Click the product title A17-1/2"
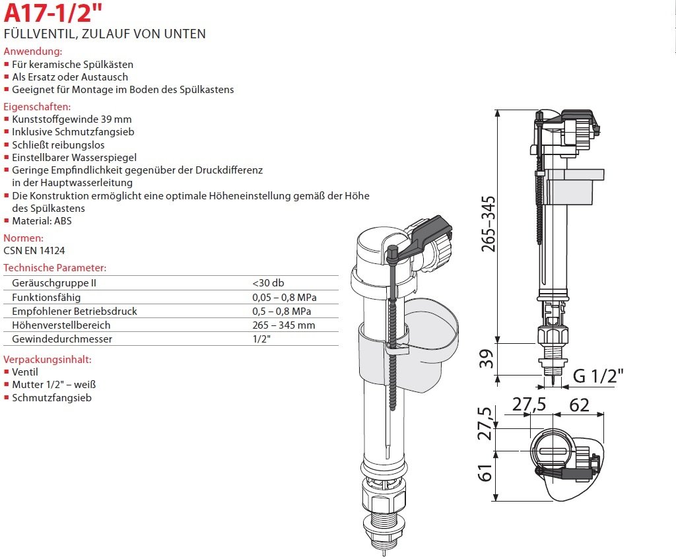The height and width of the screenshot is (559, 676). [x=45, y=15]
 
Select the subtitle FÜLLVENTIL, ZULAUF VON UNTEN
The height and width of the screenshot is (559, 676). [x=105, y=34]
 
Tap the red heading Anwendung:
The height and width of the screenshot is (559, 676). [x=33, y=51]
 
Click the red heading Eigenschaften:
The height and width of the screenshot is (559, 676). [x=37, y=106]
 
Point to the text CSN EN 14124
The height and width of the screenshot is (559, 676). [x=34, y=250]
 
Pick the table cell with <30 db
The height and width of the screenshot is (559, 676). [x=268, y=282]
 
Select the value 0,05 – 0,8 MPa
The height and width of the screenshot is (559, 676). [x=284, y=297]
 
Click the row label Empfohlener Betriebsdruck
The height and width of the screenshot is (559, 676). [x=75, y=311]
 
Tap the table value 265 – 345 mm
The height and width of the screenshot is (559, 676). [x=283, y=325]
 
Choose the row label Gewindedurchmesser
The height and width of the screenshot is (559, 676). [x=62, y=339]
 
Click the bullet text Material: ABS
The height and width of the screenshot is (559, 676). [x=42, y=221]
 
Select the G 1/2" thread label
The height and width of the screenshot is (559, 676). [x=597, y=376]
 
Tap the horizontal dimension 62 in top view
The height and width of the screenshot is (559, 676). [x=579, y=405]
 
